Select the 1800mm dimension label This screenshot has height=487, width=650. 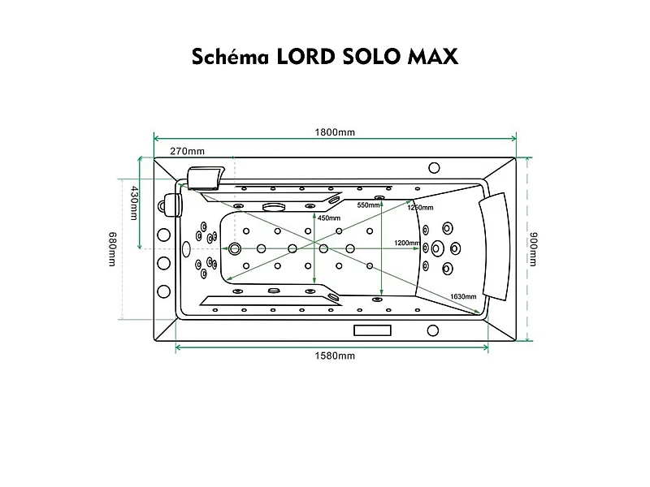coord(335,132)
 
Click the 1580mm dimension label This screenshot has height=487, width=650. coord(335,356)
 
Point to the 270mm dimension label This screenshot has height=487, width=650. coord(187,151)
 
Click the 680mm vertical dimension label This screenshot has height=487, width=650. coord(113,249)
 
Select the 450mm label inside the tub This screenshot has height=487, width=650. coord(328,218)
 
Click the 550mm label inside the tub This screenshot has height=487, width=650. coord(368,205)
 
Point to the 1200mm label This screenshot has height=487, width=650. coord(406,243)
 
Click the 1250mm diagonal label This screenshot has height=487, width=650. coord(419,209)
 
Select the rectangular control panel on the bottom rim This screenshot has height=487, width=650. coord(373,330)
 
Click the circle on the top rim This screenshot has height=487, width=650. coord(433,169)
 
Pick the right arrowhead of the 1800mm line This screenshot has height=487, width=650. coord(513,138)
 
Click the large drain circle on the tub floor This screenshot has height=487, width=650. coord(236,249)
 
